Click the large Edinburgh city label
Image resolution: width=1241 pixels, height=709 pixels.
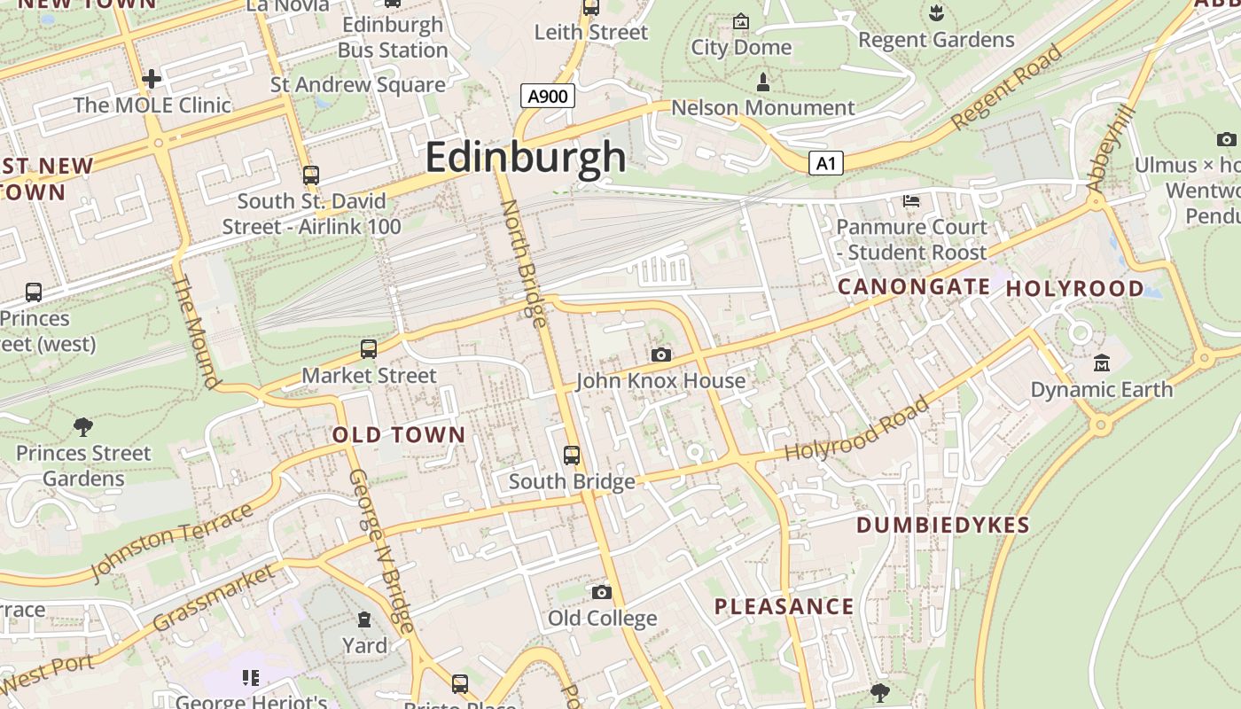(526, 158)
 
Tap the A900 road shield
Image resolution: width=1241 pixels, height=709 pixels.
(547, 96)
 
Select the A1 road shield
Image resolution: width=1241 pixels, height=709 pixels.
(825, 163)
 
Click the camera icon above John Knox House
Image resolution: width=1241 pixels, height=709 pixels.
(660, 354)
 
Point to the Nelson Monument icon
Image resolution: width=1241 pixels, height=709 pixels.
(762, 83)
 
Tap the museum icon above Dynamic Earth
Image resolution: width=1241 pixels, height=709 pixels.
(1102, 362)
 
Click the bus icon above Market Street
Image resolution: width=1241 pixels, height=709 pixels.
(369, 349)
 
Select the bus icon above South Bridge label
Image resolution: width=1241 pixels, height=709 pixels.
(572, 456)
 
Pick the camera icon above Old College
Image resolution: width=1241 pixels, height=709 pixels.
(602, 592)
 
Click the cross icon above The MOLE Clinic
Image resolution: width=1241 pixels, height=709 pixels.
(152, 79)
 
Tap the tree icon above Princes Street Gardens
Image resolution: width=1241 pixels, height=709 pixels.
(83, 427)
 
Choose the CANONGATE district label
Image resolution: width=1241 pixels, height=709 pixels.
(913, 286)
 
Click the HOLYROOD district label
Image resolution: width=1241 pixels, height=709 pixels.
(1074, 288)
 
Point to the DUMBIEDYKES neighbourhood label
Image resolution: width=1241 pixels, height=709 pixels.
(943, 525)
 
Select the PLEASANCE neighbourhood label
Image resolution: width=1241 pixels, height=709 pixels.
(784, 607)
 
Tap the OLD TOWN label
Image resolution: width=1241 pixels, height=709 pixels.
(399, 435)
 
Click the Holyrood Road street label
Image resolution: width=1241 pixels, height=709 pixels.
(857, 430)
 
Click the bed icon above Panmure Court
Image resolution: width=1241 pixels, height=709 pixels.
(910, 200)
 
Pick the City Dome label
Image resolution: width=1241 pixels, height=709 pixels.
(741, 47)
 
